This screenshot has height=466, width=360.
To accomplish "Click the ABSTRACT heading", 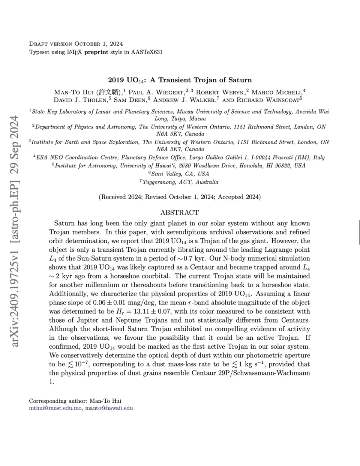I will point(180,212).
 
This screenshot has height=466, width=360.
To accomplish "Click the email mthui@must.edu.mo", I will point(55,408).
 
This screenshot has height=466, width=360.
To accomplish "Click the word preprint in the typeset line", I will point(96,52).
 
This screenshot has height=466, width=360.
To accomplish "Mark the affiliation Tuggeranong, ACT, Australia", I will point(180,182).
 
